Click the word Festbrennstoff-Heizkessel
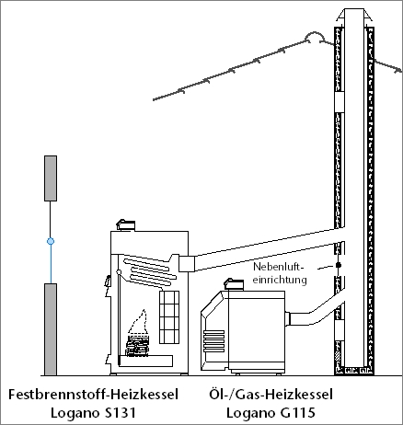[x=93, y=395]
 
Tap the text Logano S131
[x=93, y=413]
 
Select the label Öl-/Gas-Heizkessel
[x=271, y=395]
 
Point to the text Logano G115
[x=271, y=413]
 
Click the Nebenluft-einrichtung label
[x=280, y=273]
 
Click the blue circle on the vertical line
[x=51, y=241]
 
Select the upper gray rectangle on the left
[x=51, y=178]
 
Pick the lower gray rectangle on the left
[x=51, y=329]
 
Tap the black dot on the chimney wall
[x=339, y=265]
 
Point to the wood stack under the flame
[x=137, y=346]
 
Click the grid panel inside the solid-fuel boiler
[x=169, y=317]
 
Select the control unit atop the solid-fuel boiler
[x=125, y=225]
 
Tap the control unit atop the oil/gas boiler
[x=234, y=284]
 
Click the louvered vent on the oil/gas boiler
[x=213, y=341]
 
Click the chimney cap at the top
[x=354, y=15]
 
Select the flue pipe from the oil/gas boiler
[x=316, y=310]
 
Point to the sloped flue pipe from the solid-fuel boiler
[x=265, y=250]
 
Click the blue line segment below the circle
[x=51, y=264]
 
